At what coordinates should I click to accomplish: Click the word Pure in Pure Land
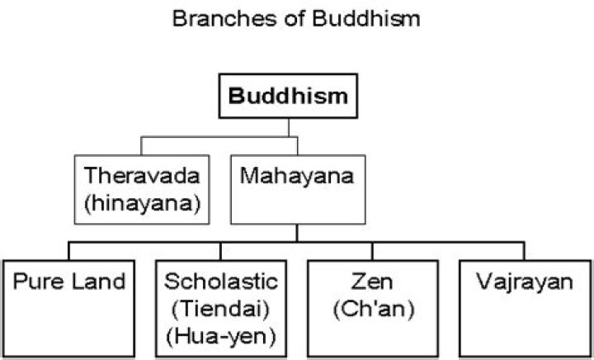point(39,282)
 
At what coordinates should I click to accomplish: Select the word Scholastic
point(219,282)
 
